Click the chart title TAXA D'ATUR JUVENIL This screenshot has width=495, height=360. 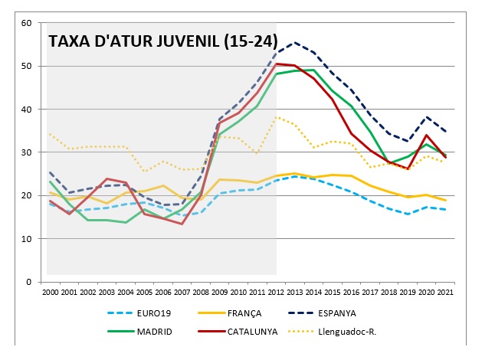coord(162,41)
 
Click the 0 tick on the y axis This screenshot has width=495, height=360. coord(28,282)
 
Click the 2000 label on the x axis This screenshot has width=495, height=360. coord(50,293)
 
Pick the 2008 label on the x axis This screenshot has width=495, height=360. coord(201,293)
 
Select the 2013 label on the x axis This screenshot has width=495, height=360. coord(295,293)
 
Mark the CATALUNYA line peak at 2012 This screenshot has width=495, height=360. coord(277,64)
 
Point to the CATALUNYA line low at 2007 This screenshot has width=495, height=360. coord(182,224)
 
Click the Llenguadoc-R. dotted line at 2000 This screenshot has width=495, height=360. coord(50,134)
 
